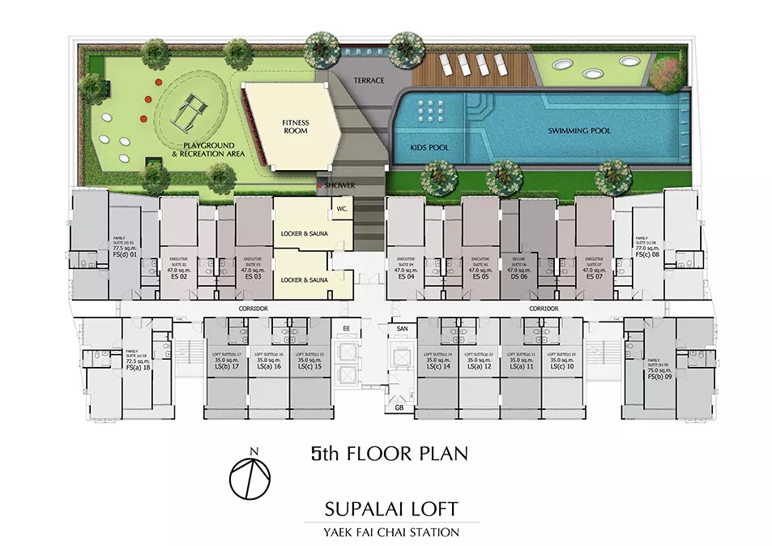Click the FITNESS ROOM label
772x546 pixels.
click(x=296, y=127)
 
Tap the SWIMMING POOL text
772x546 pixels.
click(x=578, y=130)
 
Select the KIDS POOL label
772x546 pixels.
click(x=431, y=148)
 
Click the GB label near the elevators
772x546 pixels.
click(x=399, y=407)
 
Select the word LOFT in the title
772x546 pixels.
click(x=424, y=510)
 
